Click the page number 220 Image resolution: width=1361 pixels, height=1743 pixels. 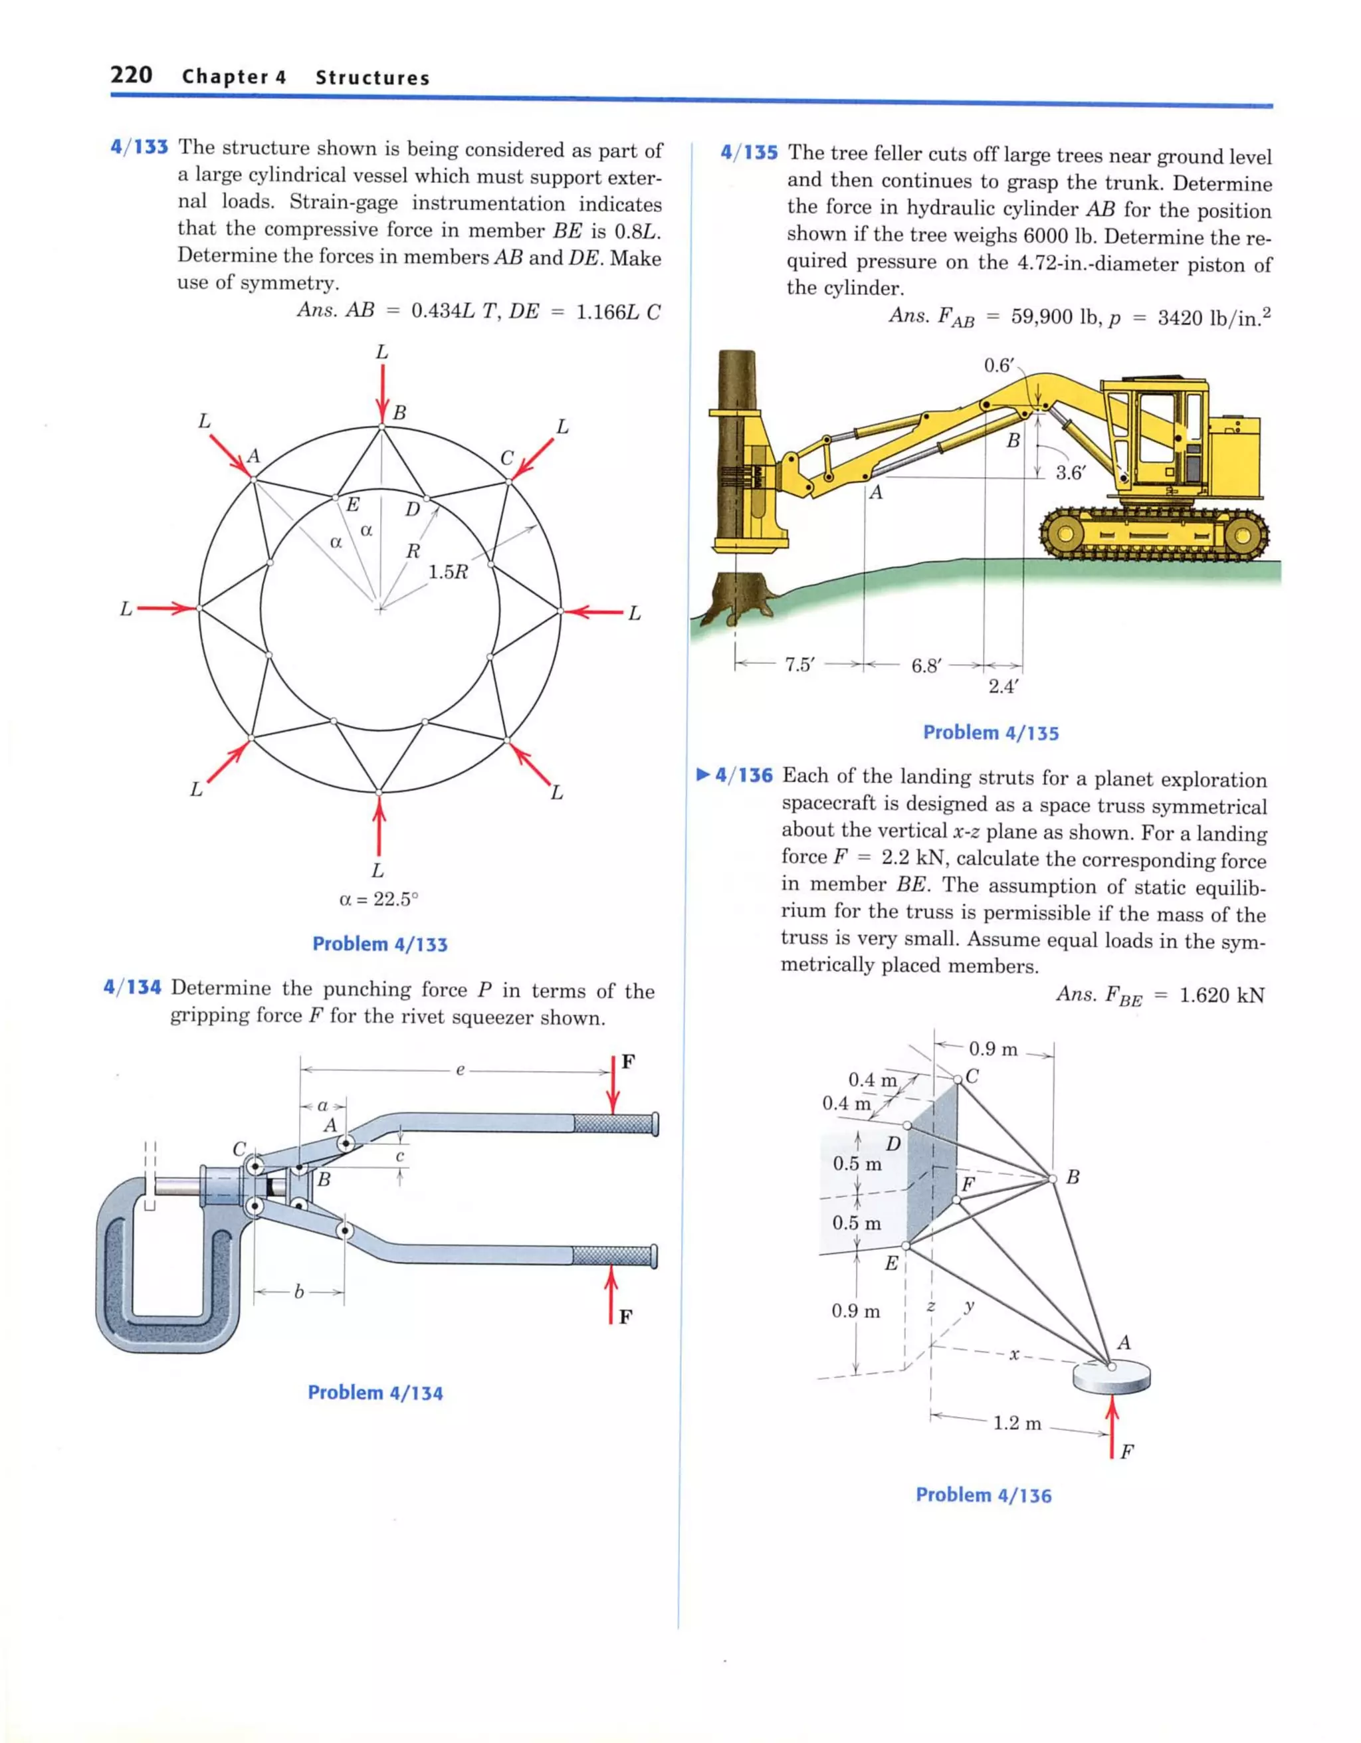(x=131, y=75)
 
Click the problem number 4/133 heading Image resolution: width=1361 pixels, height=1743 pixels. (x=139, y=148)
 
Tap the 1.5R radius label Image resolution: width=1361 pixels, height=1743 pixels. (x=447, y=571)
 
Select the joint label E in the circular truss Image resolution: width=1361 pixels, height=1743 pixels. (x=352, y=504)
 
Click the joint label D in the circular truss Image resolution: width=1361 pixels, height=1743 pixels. (x=412, y=508)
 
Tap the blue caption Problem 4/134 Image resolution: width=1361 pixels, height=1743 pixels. (x=375, y=1393)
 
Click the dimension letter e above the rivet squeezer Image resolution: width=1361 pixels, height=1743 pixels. (x=460, y=1071)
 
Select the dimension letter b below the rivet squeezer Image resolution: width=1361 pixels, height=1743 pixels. (x=298, y=1290)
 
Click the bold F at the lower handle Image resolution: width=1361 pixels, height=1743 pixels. (x=626, y=1317)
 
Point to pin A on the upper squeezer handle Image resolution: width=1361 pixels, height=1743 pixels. (x=346, y=1144)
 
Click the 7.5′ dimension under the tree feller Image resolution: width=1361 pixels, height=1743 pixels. (x=798, y=665)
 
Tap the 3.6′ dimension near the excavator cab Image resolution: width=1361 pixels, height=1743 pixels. (x=1071, y=472)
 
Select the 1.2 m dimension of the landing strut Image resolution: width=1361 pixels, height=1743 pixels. (x=1017, y=1423)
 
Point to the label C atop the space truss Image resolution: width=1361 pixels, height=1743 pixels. (x=972, y=1076)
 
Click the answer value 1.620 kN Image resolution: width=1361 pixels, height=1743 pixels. (x=1221, y=995)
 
